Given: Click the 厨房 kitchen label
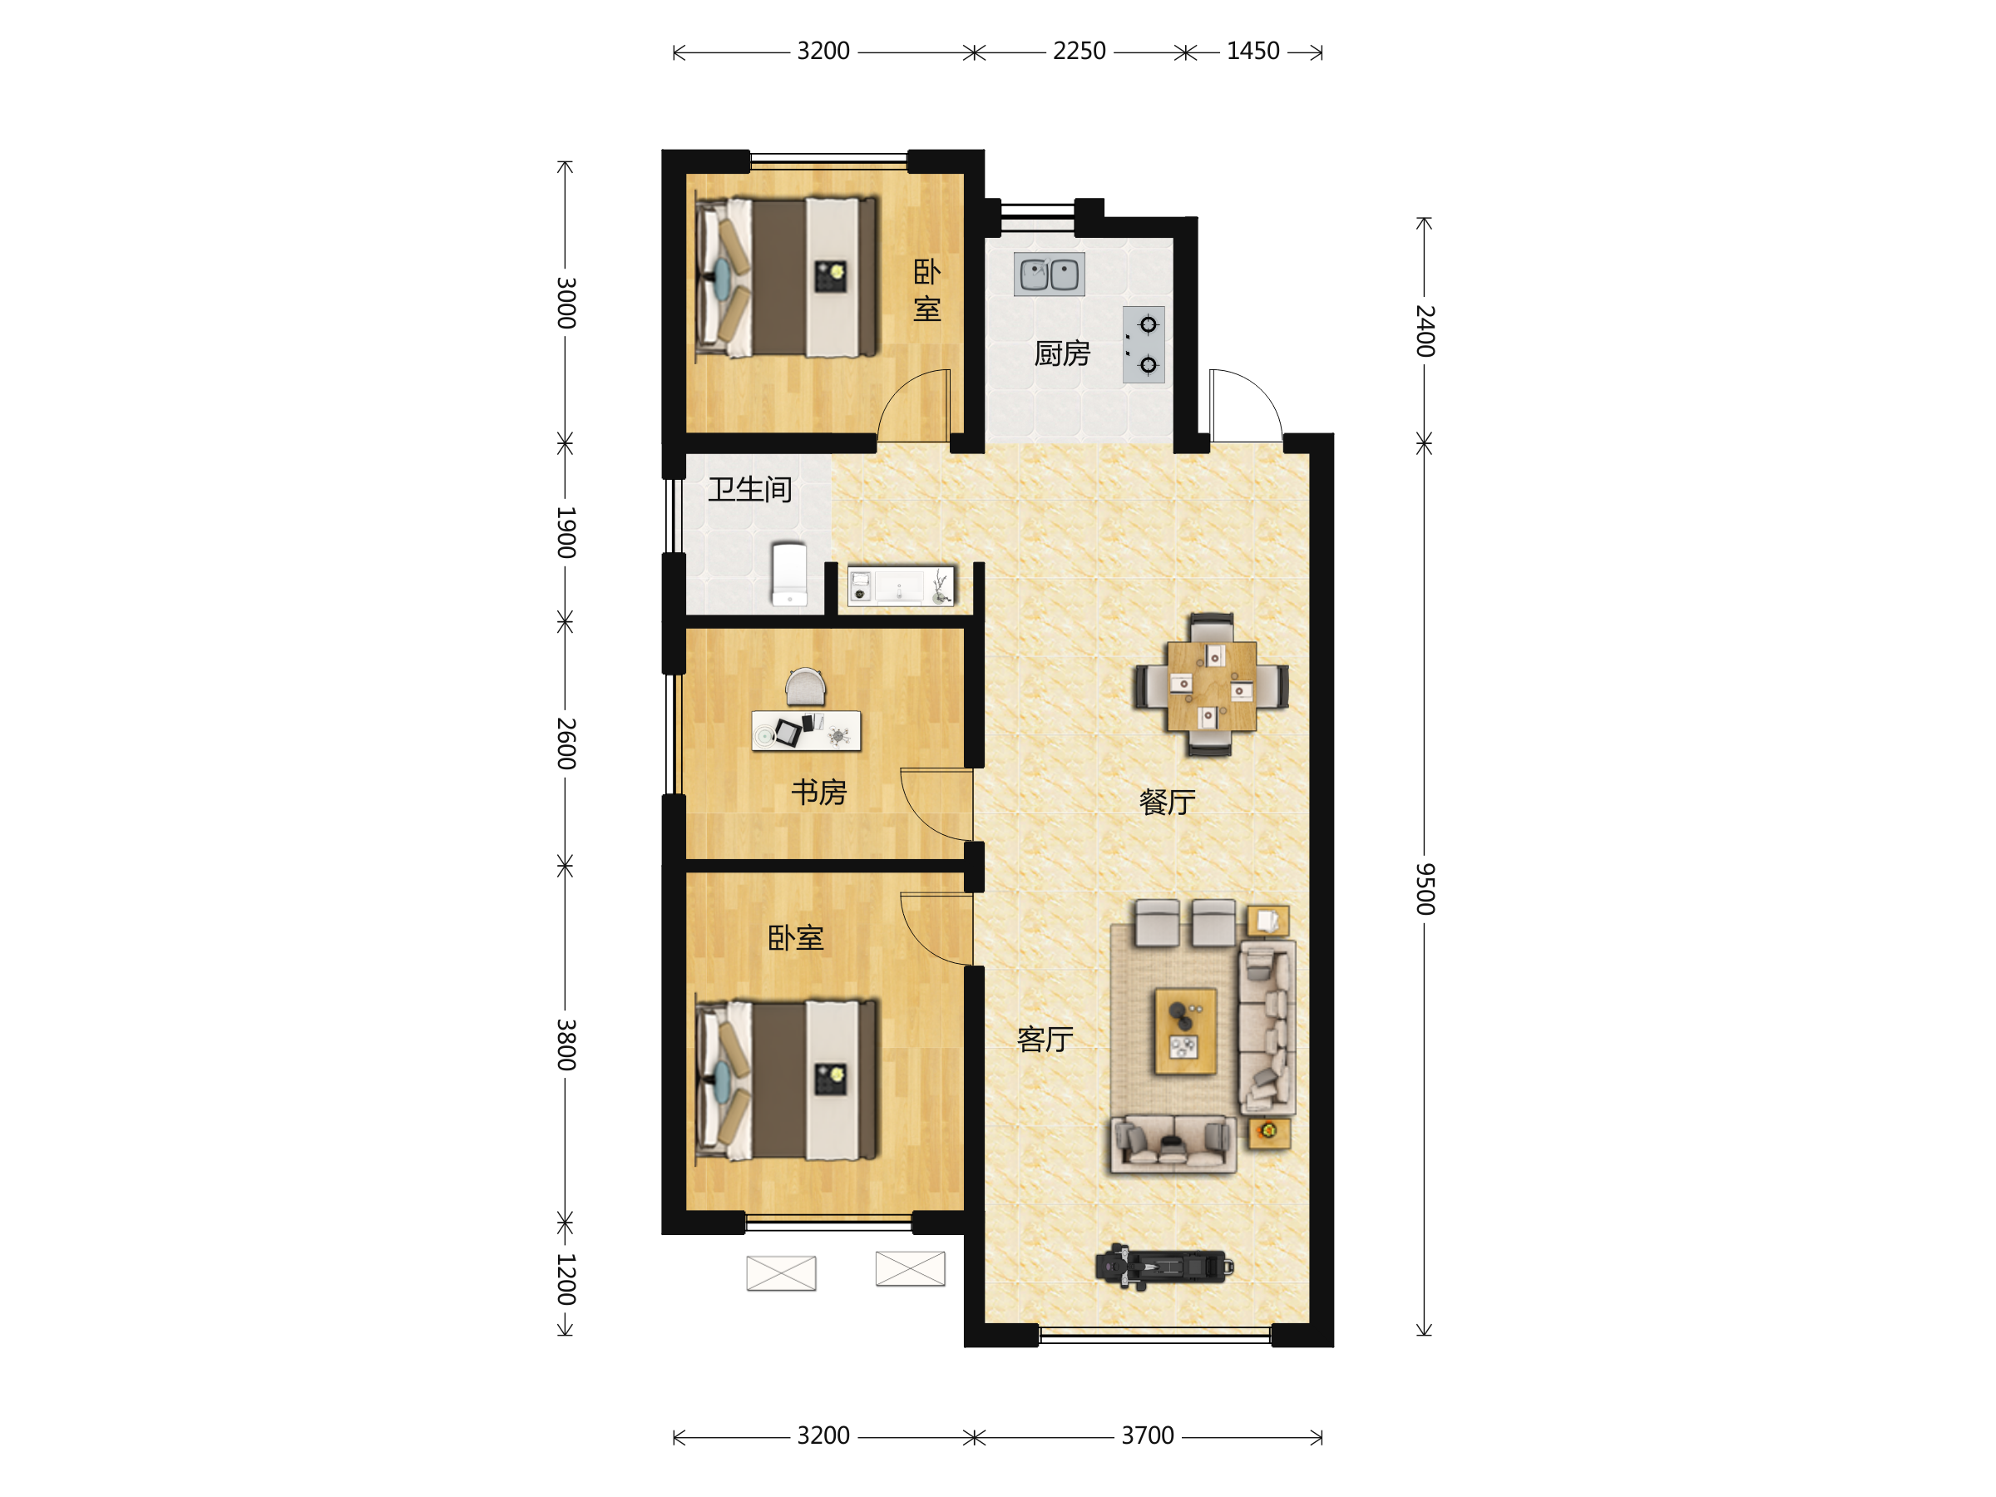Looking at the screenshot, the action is coord(1062,353).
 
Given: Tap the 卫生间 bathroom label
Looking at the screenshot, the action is coord(750,489).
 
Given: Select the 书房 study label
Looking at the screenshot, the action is coord(818,793).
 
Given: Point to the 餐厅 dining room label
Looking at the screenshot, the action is coord(1168,801).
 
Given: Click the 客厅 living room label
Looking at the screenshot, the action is coord(1045,1040).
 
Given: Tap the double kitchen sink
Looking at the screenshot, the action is coord(1049,274).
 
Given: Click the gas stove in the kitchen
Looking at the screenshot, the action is coord(1144,344).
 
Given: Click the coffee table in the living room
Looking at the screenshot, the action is coord(1186,1031).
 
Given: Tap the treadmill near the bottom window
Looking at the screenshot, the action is coord(1164,1266).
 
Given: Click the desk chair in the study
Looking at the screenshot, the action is coord(805,688).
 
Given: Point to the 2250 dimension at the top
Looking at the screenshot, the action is coord(1080,52).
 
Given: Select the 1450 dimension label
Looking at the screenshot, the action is coord(1252,52).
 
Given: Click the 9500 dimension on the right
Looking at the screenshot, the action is coord(1424,889).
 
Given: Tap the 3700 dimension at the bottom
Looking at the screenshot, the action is coord(1148,1435).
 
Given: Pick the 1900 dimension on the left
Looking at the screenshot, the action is coord(566,532).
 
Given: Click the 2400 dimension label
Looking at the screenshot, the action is coord(1424,331).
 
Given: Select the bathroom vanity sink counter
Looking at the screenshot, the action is coord(901,587).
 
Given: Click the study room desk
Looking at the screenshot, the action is coord(806,731).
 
